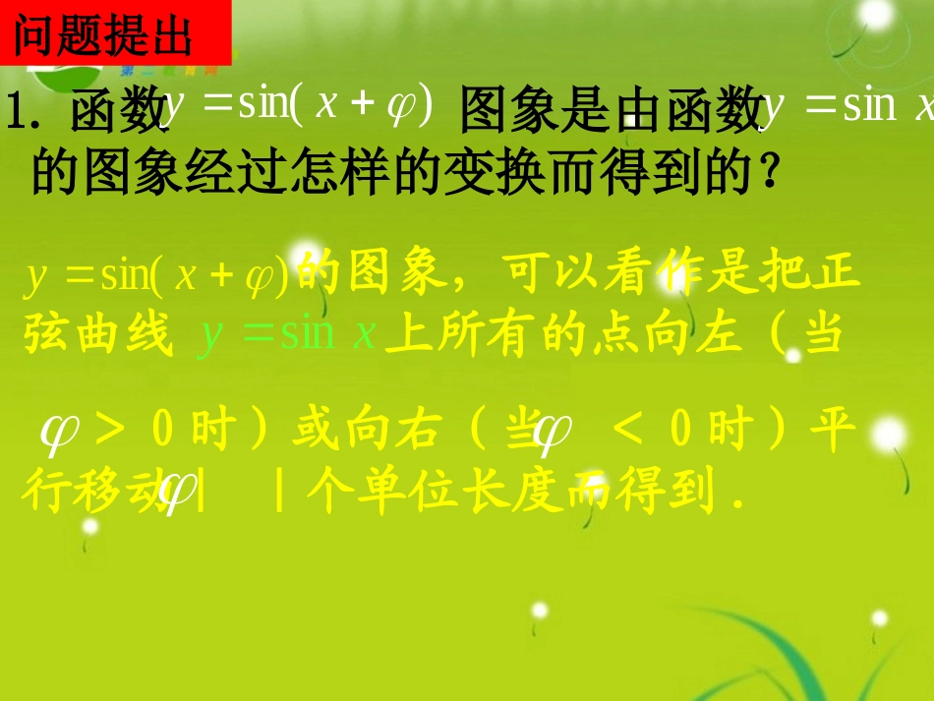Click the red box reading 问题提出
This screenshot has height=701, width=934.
coord(116,35)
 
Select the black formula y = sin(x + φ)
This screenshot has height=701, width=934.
coord(300,104)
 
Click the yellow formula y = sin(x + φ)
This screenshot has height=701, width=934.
coord(157,276)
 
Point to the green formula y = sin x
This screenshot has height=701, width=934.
coord(288,334)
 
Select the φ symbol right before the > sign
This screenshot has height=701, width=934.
coord(59,432)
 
